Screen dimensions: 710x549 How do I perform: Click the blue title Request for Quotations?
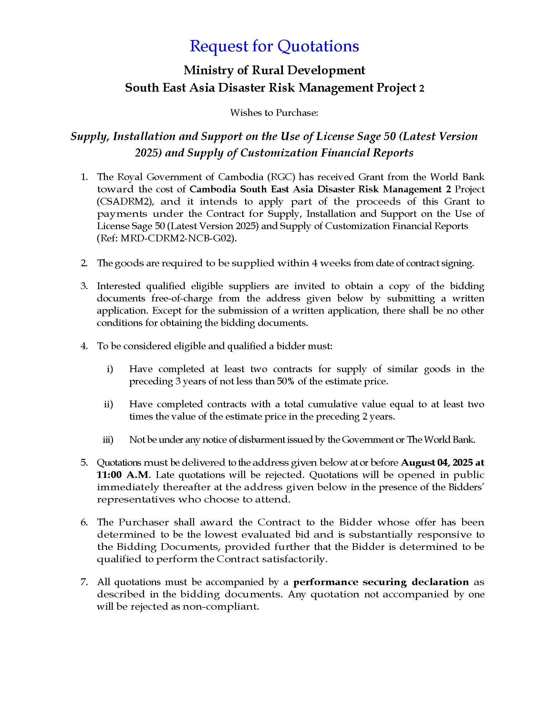tap(274, 46)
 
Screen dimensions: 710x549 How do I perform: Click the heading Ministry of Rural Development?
tap(274, 70)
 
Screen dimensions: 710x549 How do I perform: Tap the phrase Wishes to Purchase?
tap(274, 113)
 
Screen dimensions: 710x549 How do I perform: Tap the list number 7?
tap(84, 582)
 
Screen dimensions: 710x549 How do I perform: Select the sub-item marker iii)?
tap(108, 440)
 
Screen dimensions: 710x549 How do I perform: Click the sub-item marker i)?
tap(110, 369)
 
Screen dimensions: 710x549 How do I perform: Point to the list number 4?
tap(84, 346)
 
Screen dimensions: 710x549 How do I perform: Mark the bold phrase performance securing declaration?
tap(381, 582)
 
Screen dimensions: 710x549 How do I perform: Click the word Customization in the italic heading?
tap(279, 153)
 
